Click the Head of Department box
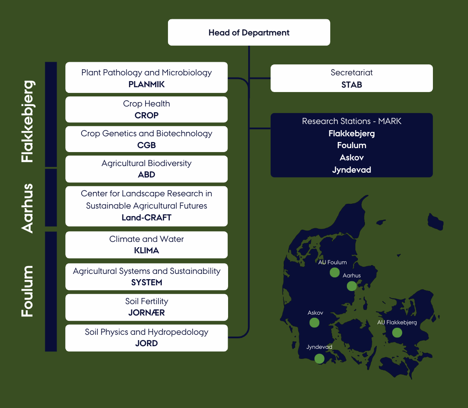249,32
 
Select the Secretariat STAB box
351,78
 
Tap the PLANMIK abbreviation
146,84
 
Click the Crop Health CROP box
146,110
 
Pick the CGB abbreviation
146,145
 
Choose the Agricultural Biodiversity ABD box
146,169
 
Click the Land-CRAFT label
146,217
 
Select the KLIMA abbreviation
146,251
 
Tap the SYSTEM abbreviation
146,283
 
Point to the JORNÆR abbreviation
146,313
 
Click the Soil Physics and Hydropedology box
146,337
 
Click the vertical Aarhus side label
27,208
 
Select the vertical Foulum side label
27,291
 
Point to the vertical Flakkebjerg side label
27,121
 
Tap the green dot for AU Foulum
335,273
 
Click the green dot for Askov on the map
314,323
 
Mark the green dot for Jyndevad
319,358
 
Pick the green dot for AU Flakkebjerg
397,333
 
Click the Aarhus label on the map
352,276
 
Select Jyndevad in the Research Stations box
351,170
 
